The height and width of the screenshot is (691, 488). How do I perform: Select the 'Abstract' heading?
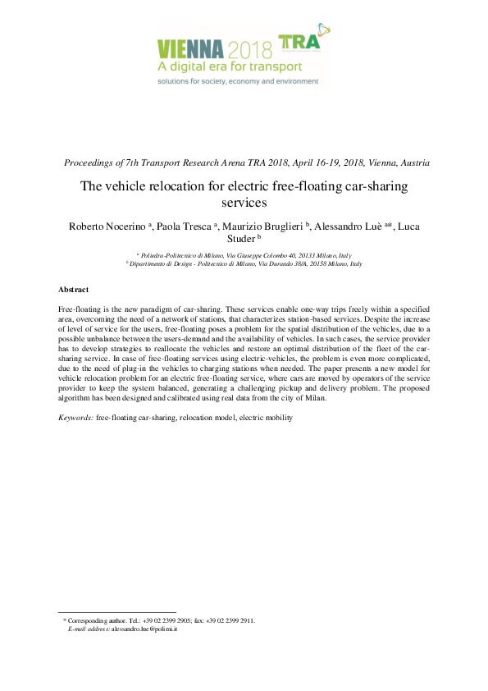[74, 290]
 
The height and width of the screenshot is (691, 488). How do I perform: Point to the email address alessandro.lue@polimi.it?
[144, 629]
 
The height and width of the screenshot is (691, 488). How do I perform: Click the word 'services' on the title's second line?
[244, 201]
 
